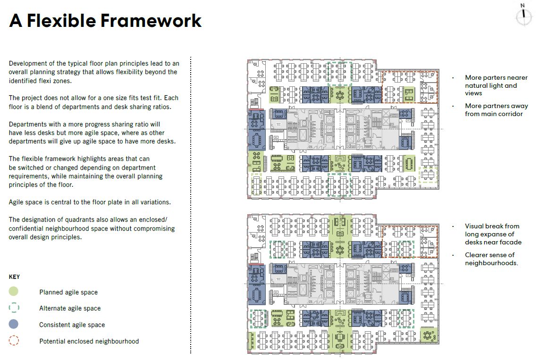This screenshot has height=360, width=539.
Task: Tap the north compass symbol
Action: [x=523, y=15]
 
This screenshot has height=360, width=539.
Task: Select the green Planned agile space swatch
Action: [x=14, y=292]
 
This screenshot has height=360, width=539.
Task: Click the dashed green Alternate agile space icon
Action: [x=14, y=308]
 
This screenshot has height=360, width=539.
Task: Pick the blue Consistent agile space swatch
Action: [x=14, y=325]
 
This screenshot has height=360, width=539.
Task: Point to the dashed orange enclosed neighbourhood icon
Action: [x=14, y=341]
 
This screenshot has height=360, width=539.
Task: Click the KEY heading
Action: [x=14, y=277]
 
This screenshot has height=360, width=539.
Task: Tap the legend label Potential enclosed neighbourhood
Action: [x=89, y=341]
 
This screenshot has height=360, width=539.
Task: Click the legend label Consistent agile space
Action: [x=72, y=325]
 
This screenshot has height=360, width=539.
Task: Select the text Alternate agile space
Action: [x=70, y=309]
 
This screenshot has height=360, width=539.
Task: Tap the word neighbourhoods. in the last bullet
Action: [x=491, y=263]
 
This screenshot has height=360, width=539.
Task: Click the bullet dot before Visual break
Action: [x=453, y=226]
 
